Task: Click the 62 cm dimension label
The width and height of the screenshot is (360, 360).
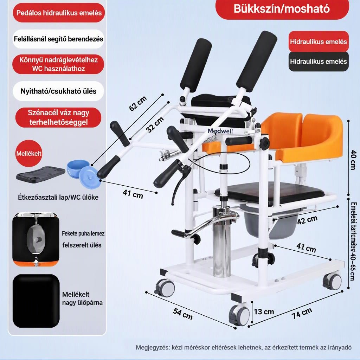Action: [x=138, y=104]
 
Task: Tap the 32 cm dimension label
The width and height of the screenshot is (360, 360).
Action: [x=155, y=124]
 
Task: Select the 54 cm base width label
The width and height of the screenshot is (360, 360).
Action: [x=183, y=314]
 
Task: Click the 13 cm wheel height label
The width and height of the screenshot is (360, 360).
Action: [x=264, y=312]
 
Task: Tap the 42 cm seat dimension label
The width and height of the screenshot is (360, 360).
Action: [x=307, y=220]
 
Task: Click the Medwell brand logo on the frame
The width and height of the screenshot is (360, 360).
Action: [x=220, y=131]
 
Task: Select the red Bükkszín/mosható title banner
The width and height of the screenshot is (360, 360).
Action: [x=282, y=9]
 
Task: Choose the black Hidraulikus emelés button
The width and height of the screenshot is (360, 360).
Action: [x=319, y=62]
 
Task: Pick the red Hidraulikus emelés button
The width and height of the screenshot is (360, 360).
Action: [x=319, y=41]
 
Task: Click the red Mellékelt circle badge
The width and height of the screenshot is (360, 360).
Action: [x=29, y=153]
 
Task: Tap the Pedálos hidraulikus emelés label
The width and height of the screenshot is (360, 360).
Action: [x=59, y=13]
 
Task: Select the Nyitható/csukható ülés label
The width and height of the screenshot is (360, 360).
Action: [x=58, y=91]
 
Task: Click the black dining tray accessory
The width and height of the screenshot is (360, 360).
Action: [x=41, y=175]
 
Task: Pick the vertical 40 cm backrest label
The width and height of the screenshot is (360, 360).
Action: [x=353, y=160]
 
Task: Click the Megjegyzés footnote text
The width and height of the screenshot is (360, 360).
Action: [x=244, y=347]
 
